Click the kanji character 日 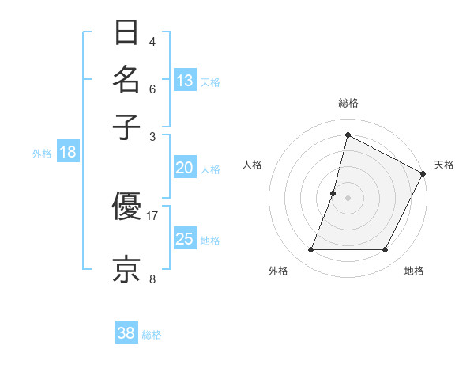[127, 34]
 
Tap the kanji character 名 [127, 81]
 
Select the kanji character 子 [127, 127]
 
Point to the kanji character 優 [127, 207]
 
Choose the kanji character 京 [127, 268]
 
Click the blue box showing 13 [185, 81]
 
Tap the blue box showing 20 [185, 168]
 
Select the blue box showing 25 [185, 239]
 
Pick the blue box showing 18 [68, 153]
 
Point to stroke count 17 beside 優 [152, 215]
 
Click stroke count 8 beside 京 [152, 279]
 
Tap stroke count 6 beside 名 [152, 89]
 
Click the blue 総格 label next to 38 [152, 335]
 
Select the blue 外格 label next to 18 [42, 154]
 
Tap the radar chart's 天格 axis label [444, 165]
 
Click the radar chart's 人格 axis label [253, 165]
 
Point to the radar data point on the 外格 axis [310, 250]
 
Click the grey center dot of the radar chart [348, 198]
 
